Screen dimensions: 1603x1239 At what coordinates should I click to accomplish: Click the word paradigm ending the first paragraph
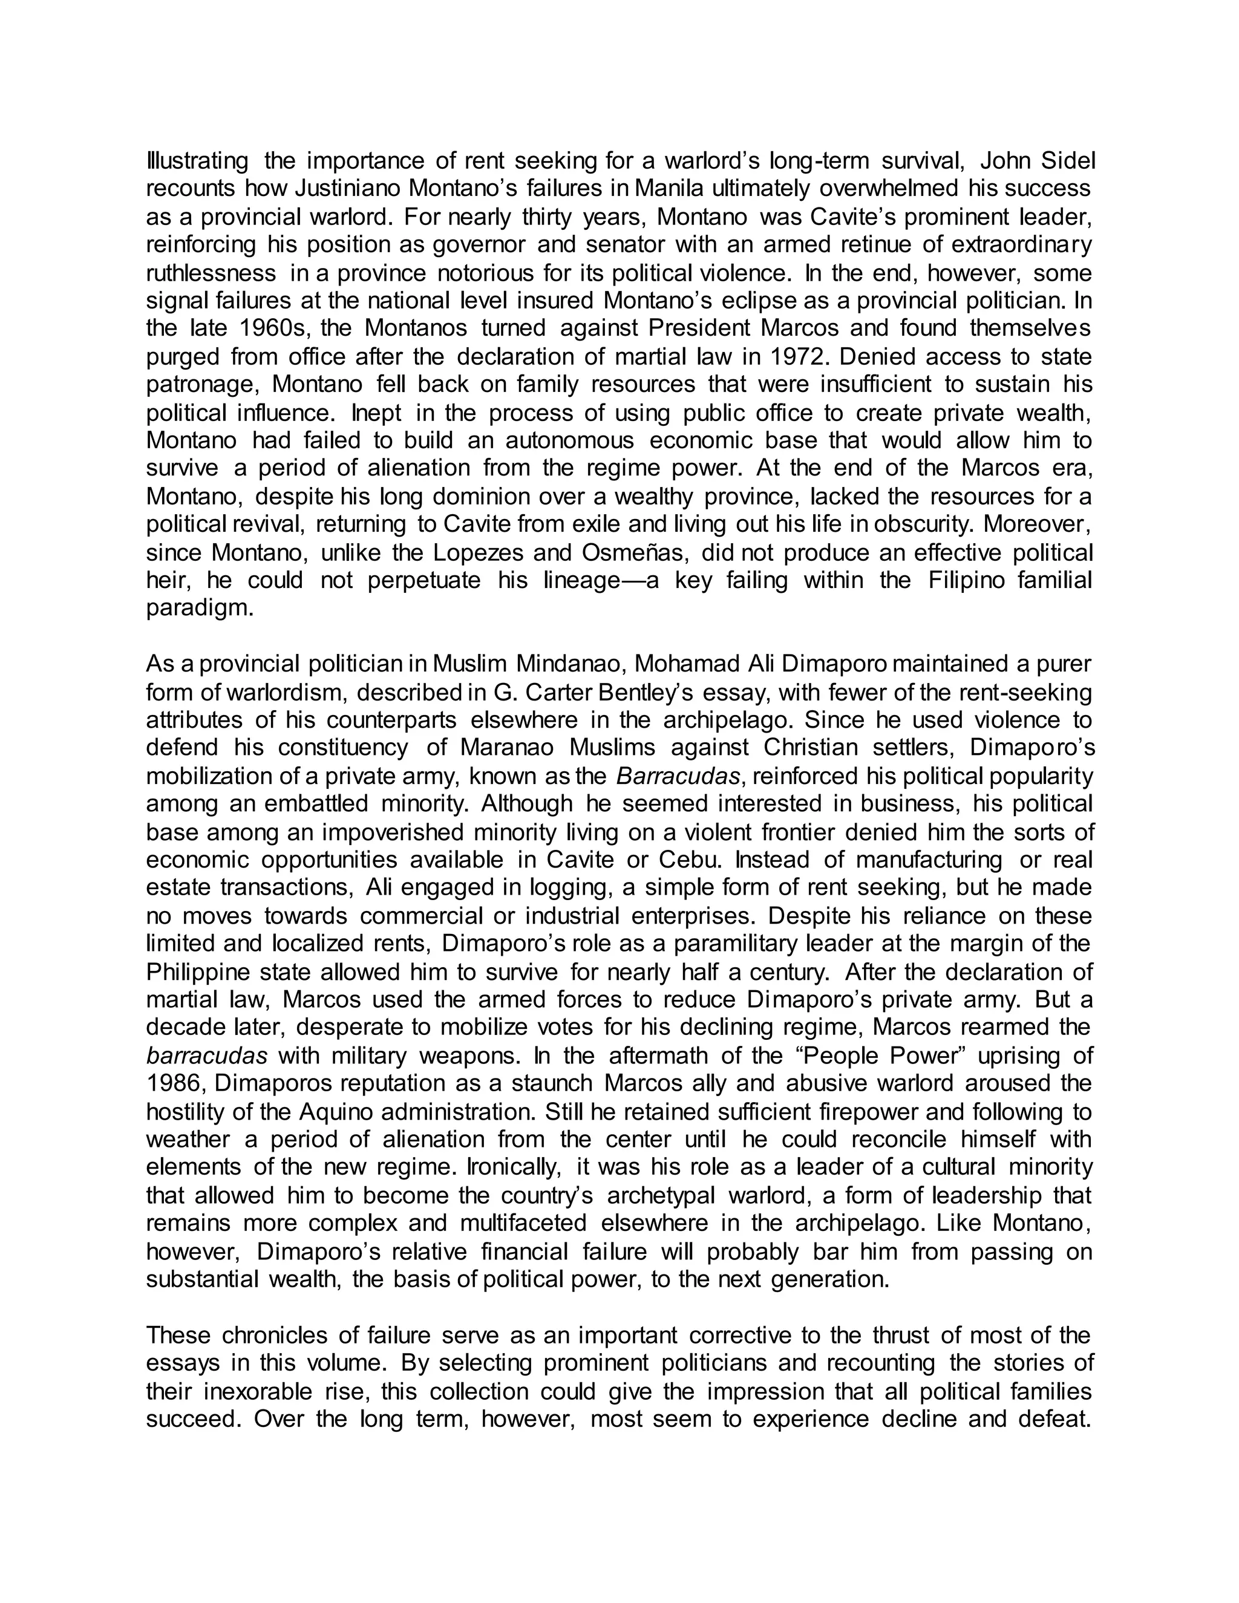coord(199,609)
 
